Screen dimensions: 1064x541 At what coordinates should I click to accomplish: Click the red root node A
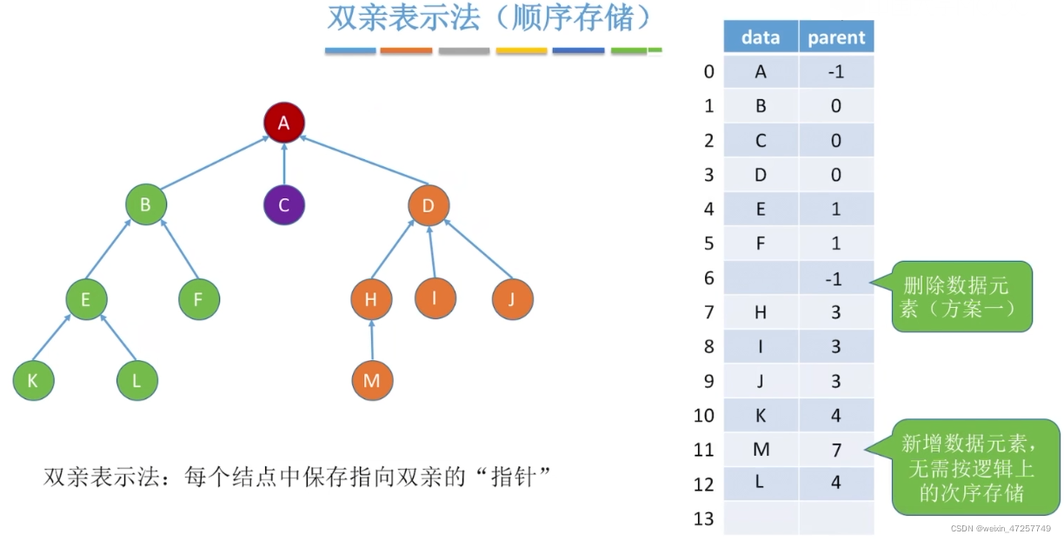pos(283,123)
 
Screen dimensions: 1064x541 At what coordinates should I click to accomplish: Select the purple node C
pos(283,206)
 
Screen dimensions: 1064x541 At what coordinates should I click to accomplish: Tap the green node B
pos(145,205)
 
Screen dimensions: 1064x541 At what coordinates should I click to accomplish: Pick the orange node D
pos(429,205)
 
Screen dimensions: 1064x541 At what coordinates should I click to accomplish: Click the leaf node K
pos(33,380)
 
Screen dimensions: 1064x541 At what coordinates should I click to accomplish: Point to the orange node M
pos(372,380)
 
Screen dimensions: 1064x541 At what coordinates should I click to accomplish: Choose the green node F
pos(199,300)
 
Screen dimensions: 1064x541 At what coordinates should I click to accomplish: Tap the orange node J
pos(512,300)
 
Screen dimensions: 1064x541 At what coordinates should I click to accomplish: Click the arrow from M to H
pos(371,340)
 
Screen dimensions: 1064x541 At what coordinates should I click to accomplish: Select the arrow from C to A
pos(283,164)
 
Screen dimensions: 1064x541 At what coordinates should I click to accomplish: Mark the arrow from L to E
pos(119,339)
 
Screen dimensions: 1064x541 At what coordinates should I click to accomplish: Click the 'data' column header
pos(761,37)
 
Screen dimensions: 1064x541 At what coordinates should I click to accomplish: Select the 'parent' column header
pos(836,37)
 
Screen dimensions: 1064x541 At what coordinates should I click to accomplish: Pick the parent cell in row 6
pos(836,277)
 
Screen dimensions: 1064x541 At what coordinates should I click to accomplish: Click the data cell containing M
pos(761,450)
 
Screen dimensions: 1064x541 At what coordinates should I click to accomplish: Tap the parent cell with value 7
pos(836,450)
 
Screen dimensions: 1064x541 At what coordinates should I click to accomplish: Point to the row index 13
pos(704,518)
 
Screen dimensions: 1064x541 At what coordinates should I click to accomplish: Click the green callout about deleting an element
pos(963,296)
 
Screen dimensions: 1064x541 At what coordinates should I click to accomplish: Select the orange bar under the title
pos(406,51)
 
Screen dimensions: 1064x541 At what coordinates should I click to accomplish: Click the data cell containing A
pos(761,72)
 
